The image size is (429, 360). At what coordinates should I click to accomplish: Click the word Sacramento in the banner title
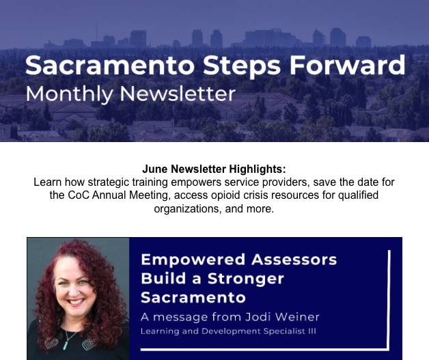coord(110,65)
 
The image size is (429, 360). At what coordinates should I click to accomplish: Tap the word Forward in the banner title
coord(348,65)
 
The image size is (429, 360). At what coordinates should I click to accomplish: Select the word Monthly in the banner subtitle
coord(69,94)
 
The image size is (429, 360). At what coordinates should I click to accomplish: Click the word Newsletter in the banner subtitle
coord(178,94)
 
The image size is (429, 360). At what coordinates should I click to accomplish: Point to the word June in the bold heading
coord(155,169)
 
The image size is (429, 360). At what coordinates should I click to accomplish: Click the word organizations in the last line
coord(188,209)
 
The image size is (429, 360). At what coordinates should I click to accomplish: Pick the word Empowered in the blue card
coord(193,260)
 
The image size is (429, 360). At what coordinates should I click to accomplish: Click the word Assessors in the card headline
coord(294,260)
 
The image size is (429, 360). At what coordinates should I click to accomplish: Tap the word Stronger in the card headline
coord(246,279)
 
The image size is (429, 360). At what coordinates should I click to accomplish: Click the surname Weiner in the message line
coord(297,317)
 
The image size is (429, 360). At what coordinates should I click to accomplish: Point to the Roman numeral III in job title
coord(312,331)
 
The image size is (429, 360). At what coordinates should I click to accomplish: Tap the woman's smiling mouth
coord(76,302)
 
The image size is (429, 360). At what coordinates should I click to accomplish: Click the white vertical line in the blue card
coord(389,299)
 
